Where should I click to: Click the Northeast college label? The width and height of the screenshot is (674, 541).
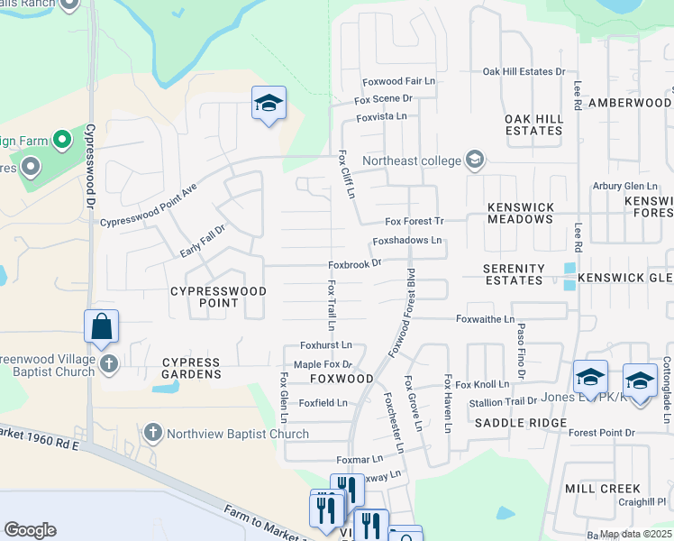tap(410, 161)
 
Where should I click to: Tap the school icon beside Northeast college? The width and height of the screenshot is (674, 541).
tap(475, 160)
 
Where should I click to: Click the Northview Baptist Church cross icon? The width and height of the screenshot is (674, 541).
tap(152, 433)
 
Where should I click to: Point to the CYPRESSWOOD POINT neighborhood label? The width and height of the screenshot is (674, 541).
tap(219, 297)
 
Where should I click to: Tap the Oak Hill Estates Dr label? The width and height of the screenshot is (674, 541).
tap(524, 71)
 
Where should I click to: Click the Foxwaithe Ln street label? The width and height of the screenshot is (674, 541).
tap(485, 319)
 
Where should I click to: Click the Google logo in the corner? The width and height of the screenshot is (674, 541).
tap(30, 530)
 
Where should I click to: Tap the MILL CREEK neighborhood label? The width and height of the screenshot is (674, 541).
tap(602, 488)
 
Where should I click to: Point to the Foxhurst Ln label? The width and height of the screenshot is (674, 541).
tap(325, 345)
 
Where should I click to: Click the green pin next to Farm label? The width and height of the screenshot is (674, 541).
tap(61, 140)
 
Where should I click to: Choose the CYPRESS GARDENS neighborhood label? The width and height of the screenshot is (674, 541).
tap(191, 368)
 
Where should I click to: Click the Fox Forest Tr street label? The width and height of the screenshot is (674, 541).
tap(414, 221)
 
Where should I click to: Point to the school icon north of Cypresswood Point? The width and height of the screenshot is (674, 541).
tap(269, 105)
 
